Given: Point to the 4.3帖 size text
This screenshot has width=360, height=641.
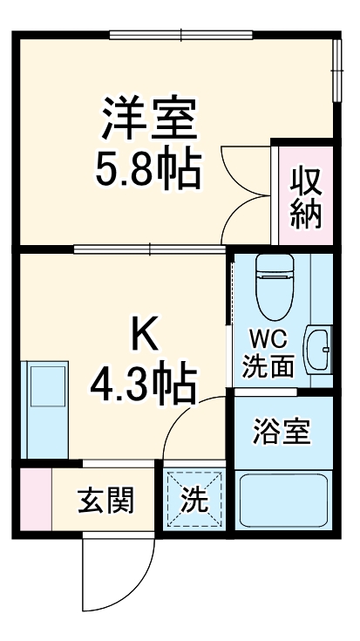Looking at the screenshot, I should (x=146, y=382).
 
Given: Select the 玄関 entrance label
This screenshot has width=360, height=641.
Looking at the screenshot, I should (x=105, y=501).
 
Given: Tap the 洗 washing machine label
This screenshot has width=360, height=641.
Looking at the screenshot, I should (x=194, y=501).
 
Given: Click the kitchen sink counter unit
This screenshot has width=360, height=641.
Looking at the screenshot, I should (x=43, y=406).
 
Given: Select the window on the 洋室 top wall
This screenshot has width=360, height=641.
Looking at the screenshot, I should (x=181, y=36).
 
